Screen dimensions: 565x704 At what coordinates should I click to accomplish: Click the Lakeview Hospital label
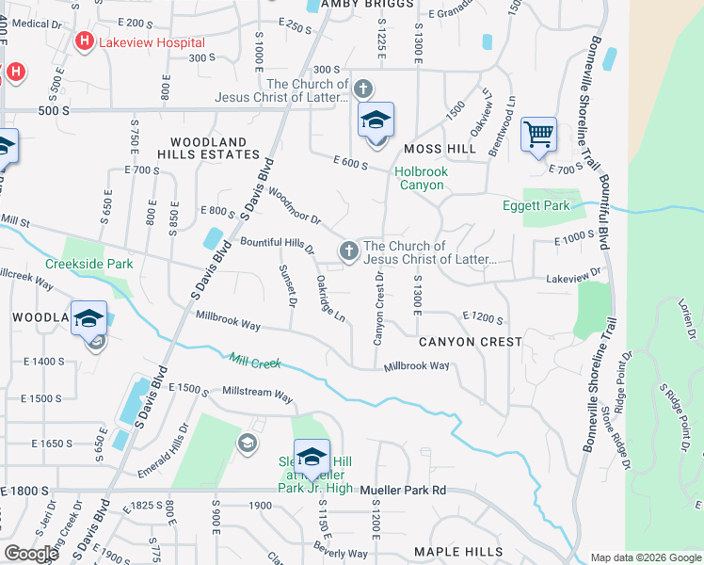[154, 42]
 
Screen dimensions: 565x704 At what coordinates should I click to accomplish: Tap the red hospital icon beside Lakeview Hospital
[85, 42]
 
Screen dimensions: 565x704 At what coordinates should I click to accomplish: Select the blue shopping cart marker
[538, 135]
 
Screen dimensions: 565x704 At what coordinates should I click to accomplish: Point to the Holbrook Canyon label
[421, 178]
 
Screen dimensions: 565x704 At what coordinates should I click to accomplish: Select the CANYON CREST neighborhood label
[470, 342]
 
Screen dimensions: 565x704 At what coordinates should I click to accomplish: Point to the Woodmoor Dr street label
[295, 204]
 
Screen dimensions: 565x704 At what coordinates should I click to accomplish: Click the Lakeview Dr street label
[573, 274]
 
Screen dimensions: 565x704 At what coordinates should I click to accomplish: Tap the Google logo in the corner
[30, 554]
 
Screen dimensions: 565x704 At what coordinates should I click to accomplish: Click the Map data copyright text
[645, 557]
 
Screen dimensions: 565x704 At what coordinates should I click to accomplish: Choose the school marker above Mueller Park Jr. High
[311, 459]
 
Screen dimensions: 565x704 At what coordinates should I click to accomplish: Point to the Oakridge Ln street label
[330, 299]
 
